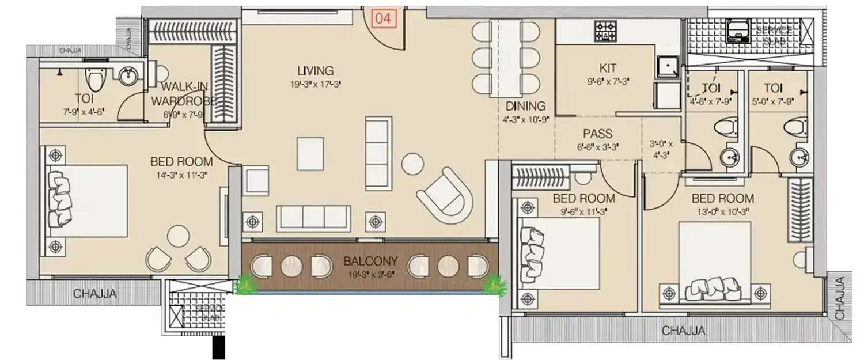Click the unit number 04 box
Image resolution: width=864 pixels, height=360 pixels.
[384, 18]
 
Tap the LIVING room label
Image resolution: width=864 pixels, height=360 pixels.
[315, 71]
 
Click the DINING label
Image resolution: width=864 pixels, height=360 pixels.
[525, 106]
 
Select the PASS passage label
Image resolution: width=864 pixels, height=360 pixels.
[597, 134]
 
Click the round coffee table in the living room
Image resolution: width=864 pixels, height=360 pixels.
[414, 164]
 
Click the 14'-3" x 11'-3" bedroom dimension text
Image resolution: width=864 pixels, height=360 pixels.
[181, 175]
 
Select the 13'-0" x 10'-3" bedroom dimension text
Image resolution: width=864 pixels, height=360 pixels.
[722, 211]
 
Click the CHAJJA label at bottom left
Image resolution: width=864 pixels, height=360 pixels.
[94, 294]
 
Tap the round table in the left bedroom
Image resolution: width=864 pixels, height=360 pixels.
[177, 236]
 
